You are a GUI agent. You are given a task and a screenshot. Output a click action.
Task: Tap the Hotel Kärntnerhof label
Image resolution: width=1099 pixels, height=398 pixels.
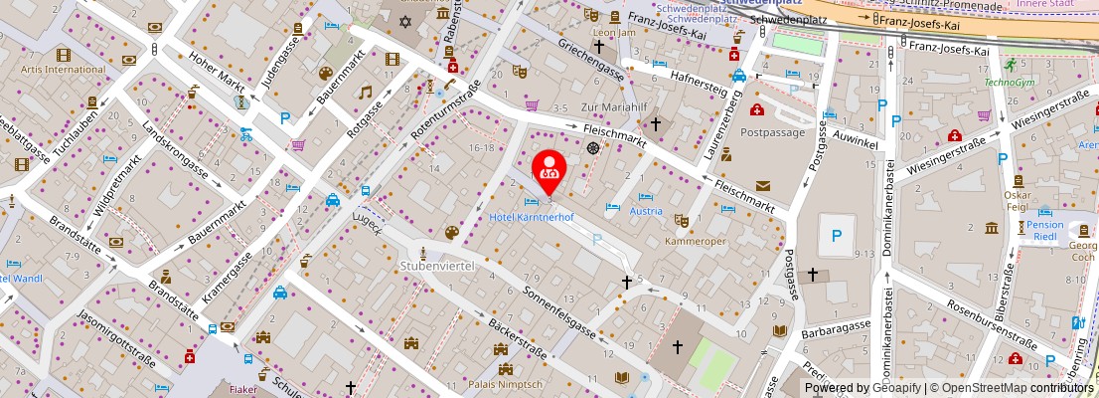click(531, 216)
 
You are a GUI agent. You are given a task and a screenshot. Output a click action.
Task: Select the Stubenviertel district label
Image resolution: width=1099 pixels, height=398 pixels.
click(433, 266)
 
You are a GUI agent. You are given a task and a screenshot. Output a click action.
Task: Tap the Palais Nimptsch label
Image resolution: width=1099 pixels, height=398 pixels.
click(505, 384)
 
